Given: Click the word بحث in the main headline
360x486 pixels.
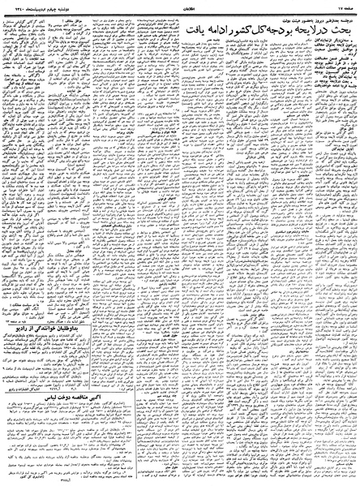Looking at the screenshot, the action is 336,29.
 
